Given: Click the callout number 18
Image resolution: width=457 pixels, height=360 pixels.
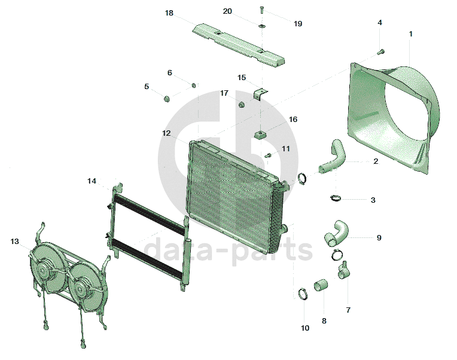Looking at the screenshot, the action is point(169,13).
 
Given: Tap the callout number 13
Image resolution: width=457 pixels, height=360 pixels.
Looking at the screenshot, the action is point(16,241).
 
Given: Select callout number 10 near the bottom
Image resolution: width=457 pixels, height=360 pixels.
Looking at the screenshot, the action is point(305,328).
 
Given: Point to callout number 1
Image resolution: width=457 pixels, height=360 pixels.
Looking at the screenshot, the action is point(410,34).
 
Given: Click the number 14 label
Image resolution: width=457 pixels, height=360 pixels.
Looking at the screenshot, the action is point(92,181).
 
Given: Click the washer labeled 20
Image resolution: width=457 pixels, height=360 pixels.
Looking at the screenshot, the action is point(263,26).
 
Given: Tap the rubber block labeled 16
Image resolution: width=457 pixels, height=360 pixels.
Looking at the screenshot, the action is point(260,134).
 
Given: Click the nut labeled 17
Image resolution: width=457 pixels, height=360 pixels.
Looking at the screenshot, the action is point(242,105).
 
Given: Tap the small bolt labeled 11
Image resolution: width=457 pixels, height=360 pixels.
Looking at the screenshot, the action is point(268,156).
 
